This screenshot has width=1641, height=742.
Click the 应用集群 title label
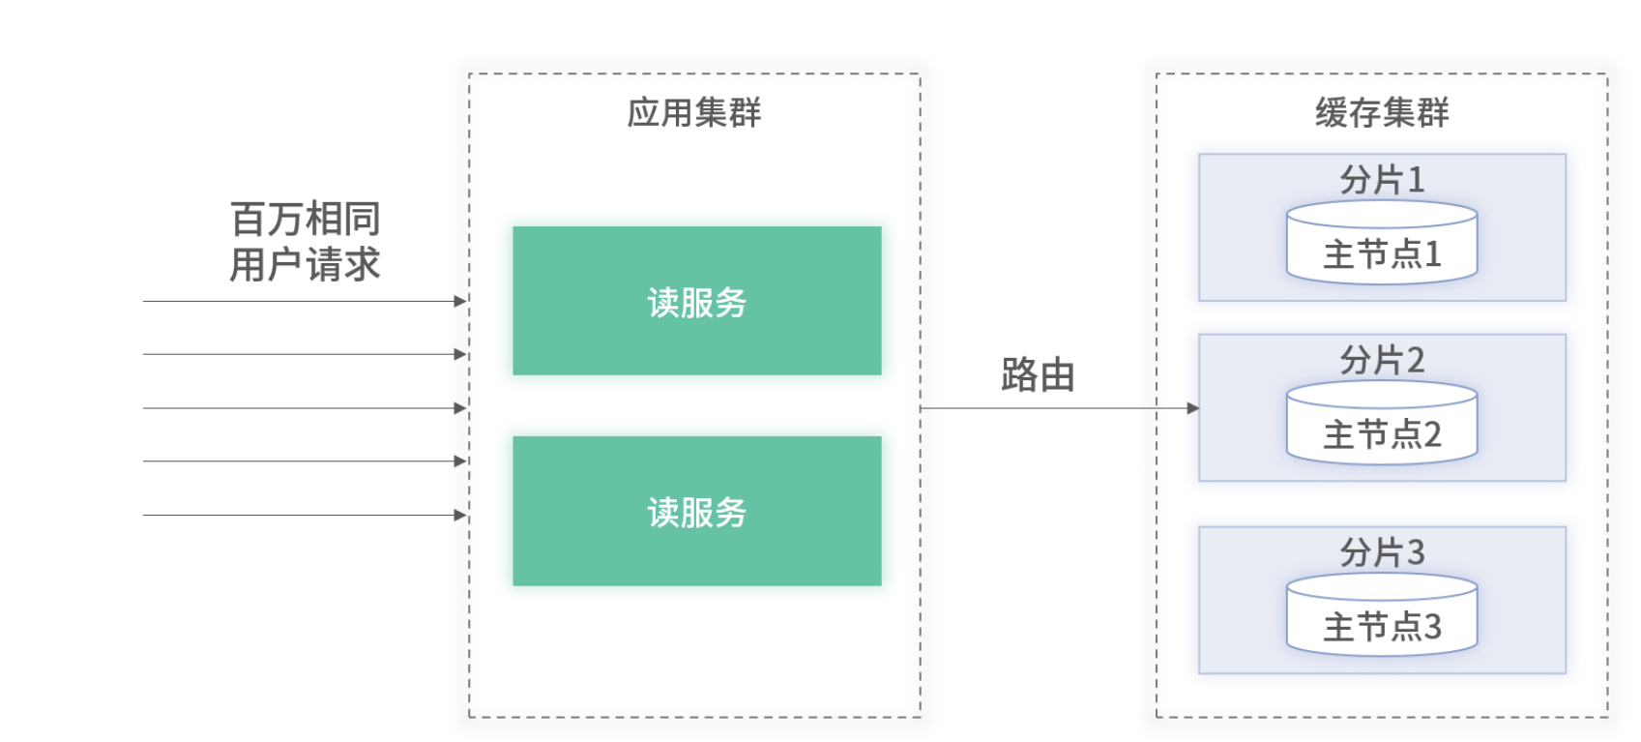[x=693, y=113]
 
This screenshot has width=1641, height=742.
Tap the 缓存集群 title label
[x=1381, y=113]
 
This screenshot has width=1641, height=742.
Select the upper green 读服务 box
[x=696, y=301]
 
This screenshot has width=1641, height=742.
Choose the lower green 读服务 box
[x=696, y=511]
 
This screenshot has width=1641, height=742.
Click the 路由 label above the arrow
[x=1038, y=375]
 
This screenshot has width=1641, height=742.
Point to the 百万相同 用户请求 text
[x=305, y=242]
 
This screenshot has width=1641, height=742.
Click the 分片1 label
[x=1381, y=180]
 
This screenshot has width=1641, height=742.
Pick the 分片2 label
[x=1381, y=361]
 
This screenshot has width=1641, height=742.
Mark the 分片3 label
[x=1381, y=552]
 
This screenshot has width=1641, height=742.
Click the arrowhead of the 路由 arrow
[x=1193, y=408]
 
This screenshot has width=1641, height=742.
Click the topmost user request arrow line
[x=300, y=301]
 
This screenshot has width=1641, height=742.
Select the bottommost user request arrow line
[x=300, y=515]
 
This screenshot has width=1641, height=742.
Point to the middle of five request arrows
[x=300, y=408]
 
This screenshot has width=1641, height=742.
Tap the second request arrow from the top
[x=300, y=354]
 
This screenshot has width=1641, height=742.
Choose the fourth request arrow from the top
[x=300, y=461]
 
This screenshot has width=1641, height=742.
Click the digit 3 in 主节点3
[x=1432, y=628]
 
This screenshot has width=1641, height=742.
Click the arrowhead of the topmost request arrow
[x=460, y=301]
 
